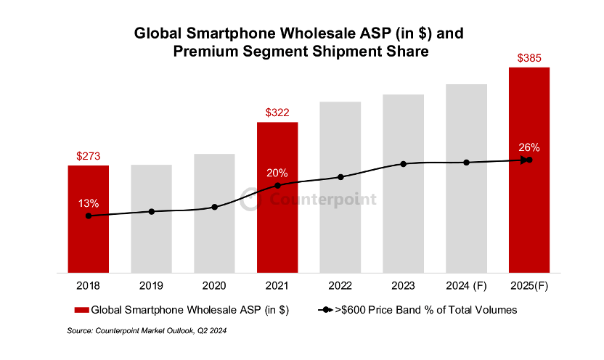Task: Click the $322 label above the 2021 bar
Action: tap(277, 112)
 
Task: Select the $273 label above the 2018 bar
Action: tap(89, 156)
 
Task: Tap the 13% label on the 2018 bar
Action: tap(89, 202)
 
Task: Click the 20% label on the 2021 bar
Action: tap(277, 173)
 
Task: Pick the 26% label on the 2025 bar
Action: tap(528, 147)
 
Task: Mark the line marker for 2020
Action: tap(214, 207)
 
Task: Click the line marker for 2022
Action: tap(340, 176)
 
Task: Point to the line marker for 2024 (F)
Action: tap(466, 162)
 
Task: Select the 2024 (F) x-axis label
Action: tap(466, 286)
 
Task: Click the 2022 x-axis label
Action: tap(340, 286)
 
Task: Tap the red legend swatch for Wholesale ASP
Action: tap(81, 310)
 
